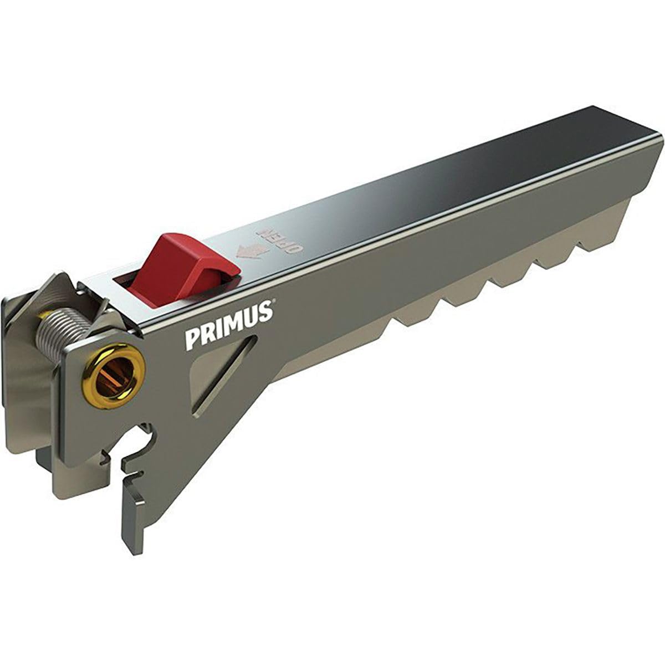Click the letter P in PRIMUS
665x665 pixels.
point(192,338)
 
